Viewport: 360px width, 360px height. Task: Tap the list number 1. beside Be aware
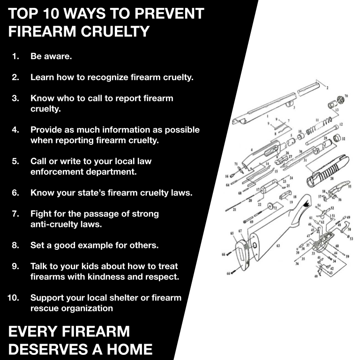click(15, 56)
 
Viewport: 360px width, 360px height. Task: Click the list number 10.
click(13, 298)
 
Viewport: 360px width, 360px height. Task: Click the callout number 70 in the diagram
click(346, 96)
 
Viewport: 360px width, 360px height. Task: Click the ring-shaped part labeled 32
click(336, 138)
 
